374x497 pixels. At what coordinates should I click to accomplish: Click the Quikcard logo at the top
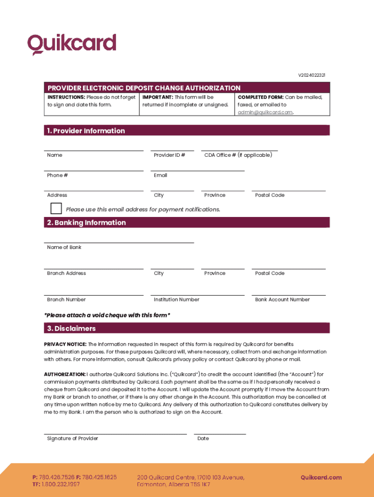72,44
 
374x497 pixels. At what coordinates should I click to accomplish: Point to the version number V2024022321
311,75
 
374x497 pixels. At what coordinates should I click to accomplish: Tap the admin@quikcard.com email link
265,112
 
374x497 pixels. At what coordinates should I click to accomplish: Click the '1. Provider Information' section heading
86,131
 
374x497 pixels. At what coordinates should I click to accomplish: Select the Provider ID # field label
169,155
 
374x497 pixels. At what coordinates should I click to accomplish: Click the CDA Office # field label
238,155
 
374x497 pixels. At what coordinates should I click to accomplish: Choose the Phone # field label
57,175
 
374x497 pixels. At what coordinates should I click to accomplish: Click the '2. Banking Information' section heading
86,222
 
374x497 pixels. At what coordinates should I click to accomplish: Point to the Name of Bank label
64,248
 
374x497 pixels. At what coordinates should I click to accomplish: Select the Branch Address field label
66,273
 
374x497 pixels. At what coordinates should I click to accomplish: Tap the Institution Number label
176,299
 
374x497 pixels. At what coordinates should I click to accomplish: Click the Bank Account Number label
282,299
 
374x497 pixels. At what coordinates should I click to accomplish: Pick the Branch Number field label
66,299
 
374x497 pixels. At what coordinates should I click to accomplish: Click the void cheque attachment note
107,315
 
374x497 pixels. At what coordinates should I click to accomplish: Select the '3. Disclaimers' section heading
71,329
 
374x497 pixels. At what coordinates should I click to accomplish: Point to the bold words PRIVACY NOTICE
65,344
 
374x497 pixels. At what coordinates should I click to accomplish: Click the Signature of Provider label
72,439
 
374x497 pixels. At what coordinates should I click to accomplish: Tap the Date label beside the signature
203,439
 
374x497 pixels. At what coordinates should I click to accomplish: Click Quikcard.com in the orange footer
321,478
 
